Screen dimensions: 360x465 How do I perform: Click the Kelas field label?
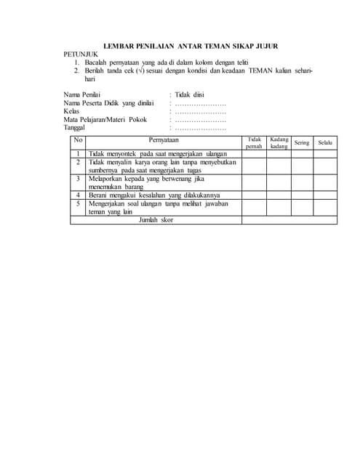pos(71,112)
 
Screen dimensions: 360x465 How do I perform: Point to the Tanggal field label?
pos(75,128)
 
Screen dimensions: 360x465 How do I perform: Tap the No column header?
pos(79,140)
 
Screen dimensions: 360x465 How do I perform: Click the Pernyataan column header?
pos(164,140)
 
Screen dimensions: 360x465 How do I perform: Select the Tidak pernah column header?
pos(255,142)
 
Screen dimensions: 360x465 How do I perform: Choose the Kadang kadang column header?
pos(279,142)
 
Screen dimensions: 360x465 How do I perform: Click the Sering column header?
pos(302,142)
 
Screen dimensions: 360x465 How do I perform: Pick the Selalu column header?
pos(325,142)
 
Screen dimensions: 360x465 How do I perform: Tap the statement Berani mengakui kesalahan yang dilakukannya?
pos(153,195)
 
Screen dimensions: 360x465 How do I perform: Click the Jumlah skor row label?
pos(156,219)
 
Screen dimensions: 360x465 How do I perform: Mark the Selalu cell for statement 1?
pos(325,154)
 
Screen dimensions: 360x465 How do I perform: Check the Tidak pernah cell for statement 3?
pos(255,182)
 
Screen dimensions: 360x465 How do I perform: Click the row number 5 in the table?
pos(79,204)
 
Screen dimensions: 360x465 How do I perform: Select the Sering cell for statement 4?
pos(302,195)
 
